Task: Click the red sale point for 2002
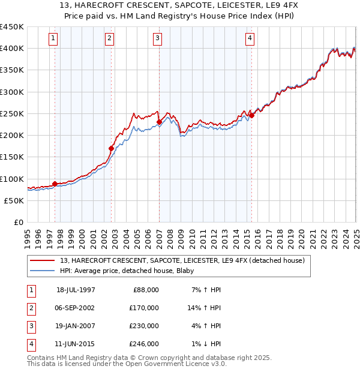(111, 148)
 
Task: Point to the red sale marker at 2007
(159, 122)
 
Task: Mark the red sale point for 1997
(55, 184)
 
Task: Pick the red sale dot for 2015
(251, 115)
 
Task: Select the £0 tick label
(19, 223)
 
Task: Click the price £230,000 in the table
(144, 326)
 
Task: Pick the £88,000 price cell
(146, 290)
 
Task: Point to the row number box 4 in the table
(31, 344)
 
